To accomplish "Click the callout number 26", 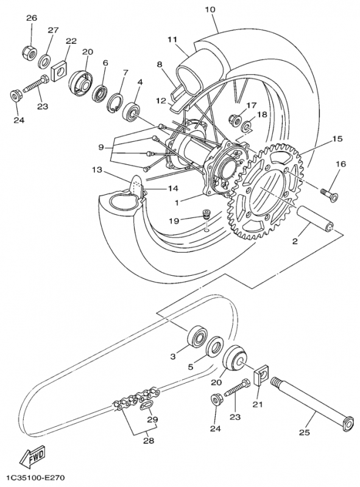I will pos(32,18).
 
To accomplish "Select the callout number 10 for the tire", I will pos(210,10).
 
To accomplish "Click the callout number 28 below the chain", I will pos(149,441).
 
